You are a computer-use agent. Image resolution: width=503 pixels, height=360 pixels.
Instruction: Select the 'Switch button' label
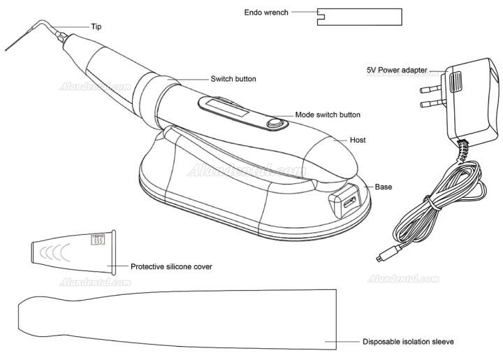pyautogui.click(x=233, y=79)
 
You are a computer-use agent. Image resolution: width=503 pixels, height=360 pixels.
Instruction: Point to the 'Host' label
pyautogui.click(x=359, y=140)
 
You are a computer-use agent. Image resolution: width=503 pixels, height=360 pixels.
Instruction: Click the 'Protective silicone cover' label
pyautogui.click(x=172, y=266)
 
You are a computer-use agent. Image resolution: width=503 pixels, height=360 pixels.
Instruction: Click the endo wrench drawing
pyautogui.click(x=359, y=17)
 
